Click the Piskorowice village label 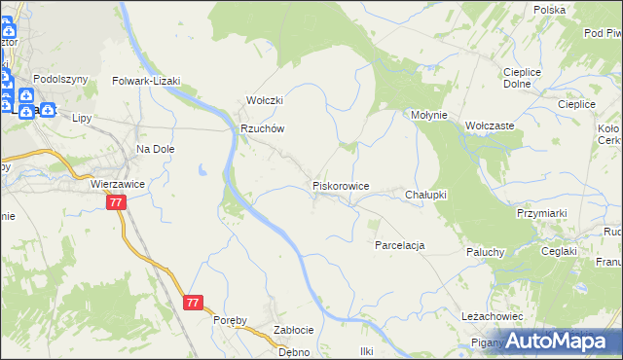(x=340, y=185)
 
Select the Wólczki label (x=264, y=100)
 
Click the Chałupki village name (x=425, y=195)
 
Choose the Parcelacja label (x=400, y=245)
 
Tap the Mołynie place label (x=428, y=115)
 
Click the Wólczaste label (x=490, y=126)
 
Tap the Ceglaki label (x=561, y=251)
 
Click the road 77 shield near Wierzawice (x=117, y=202)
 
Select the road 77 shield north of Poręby (x=193, y=303)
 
